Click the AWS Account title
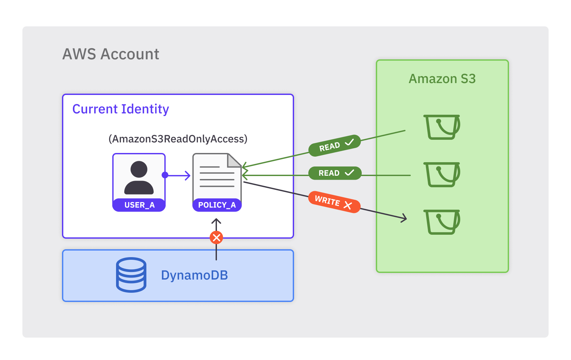[111, 54]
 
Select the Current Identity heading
[121, 109]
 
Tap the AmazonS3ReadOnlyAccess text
[178, 139]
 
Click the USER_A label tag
[139, 205]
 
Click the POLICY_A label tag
[217, 205]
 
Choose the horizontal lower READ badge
[335, 173]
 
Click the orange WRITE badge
[334, 202]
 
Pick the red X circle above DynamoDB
[216, 237]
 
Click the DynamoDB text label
[195, 275]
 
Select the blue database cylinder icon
[131, 275]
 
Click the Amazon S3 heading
[442, 79]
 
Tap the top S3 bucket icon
[442, 127]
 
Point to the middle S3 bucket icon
[442, 174]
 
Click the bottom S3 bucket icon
[442, 222]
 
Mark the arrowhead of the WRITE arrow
[405, 218]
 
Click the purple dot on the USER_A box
[165, 175]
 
